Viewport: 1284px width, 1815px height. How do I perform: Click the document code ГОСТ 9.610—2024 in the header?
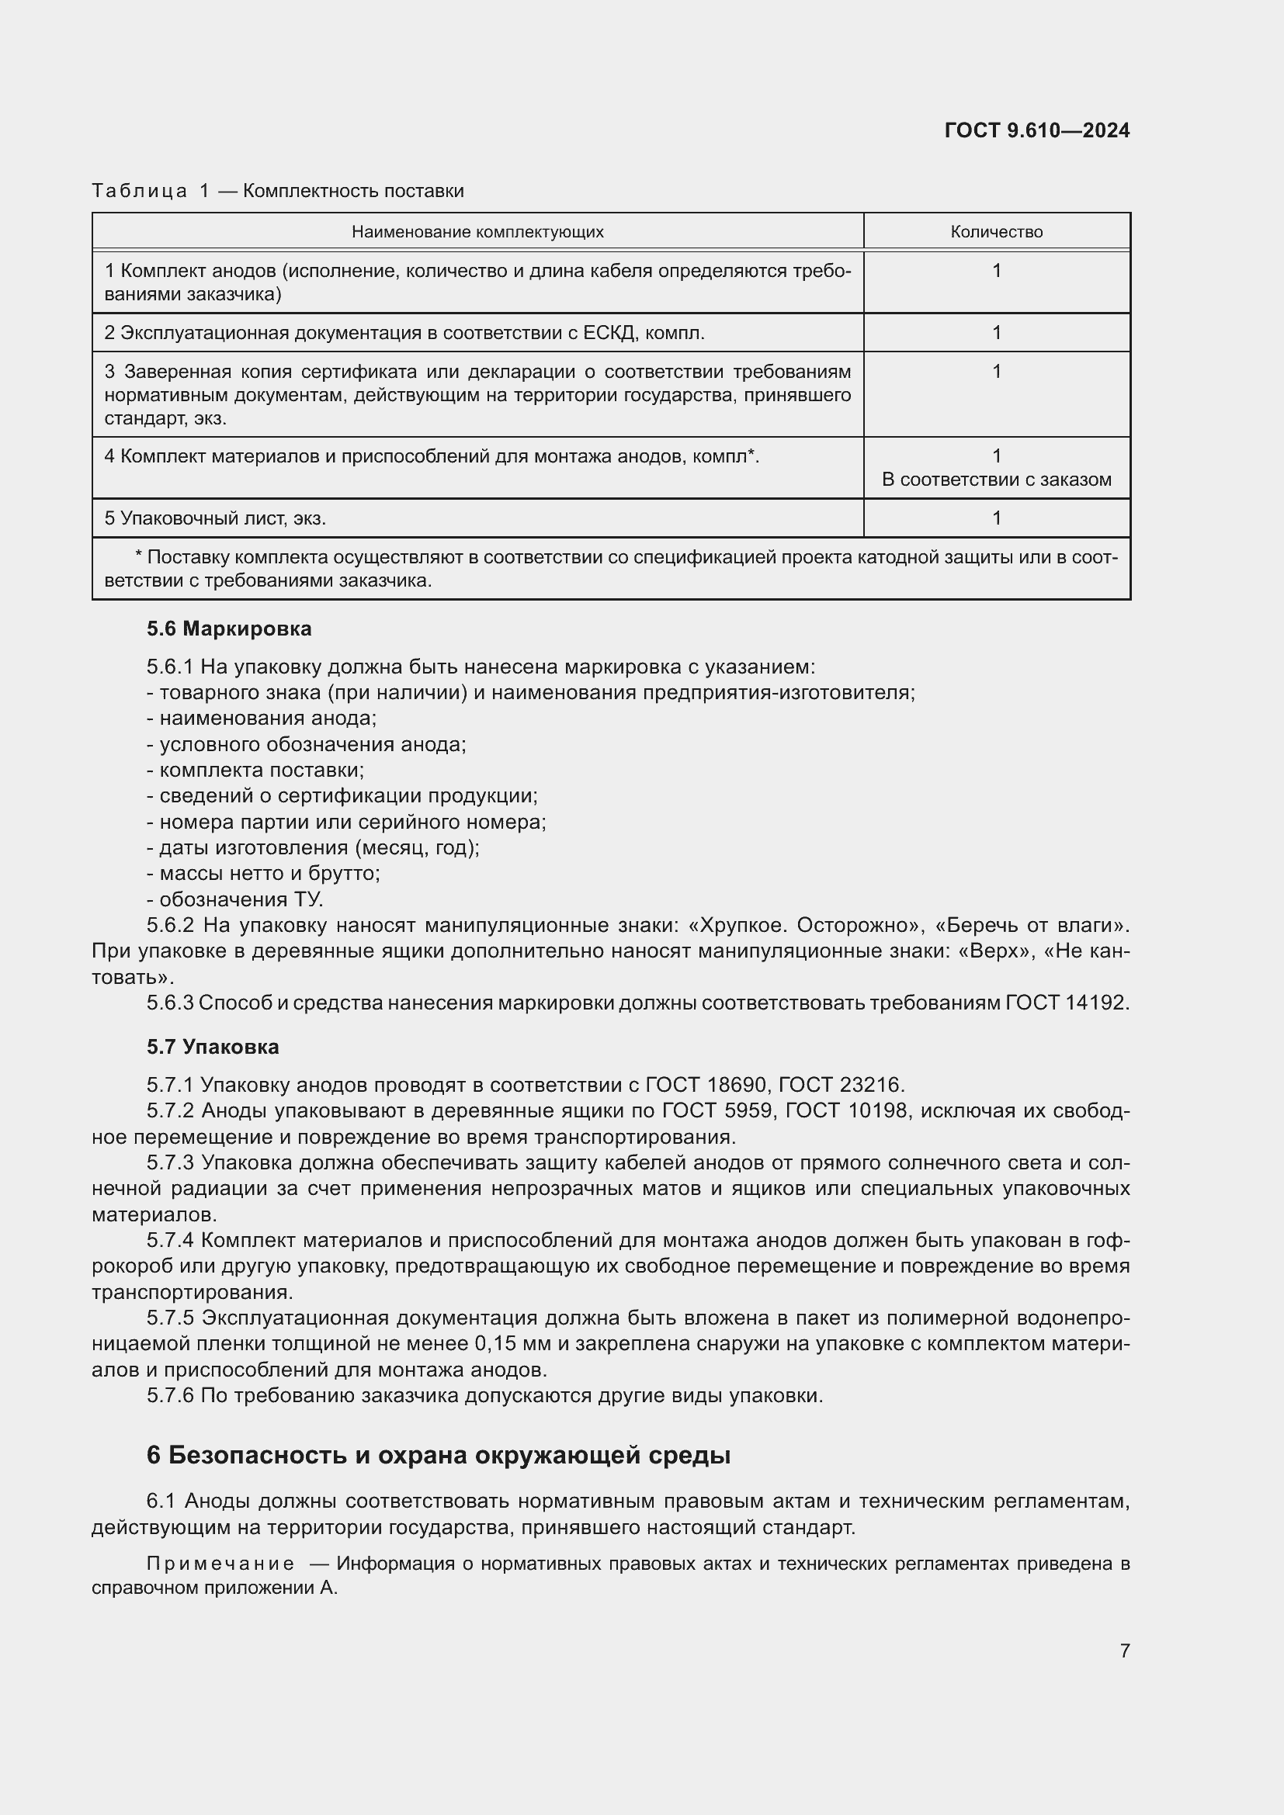1036,130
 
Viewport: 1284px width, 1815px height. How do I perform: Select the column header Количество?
996,231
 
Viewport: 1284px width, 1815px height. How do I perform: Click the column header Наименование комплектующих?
477,231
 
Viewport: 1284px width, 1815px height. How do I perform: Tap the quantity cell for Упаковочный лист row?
996,518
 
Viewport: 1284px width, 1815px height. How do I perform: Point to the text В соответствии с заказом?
996,480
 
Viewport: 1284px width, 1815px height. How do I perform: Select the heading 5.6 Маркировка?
228,629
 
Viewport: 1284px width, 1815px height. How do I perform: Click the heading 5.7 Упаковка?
213,1047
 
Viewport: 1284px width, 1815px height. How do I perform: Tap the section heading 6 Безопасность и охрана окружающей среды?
438,1455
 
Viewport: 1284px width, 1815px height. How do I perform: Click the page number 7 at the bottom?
1124,1650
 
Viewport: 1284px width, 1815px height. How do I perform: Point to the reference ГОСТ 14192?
1066,1003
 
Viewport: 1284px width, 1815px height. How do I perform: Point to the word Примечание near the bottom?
220,1564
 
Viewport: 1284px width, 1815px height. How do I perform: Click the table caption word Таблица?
139,191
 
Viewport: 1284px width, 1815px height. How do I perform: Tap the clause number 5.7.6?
170,1395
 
